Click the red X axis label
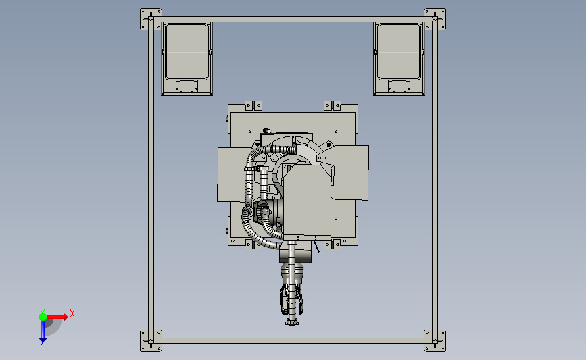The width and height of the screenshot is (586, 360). tap(72, 313)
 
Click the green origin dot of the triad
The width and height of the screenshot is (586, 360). tap(43, 317)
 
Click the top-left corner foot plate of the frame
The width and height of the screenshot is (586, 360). tap(151, 19)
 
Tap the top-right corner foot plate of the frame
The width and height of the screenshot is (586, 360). tap(435, 19)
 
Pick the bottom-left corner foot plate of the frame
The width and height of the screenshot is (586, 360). tap(151, 340)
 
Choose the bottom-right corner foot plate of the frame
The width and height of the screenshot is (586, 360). tap(435, 340)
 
